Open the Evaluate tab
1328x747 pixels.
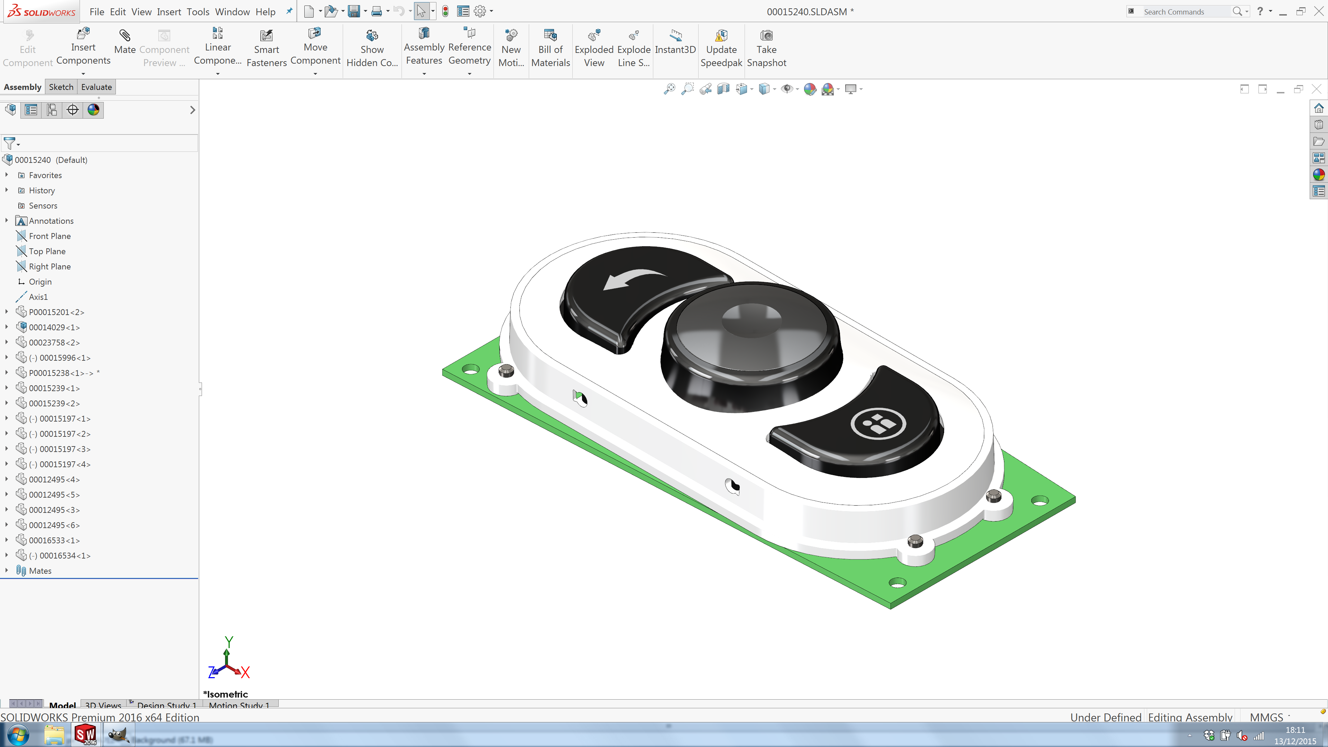click(96, 86)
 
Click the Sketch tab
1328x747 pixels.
click(61, 86)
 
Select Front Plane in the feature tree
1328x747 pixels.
click(49, 236)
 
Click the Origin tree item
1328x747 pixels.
click(40, 282)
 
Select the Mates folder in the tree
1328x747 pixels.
click(40, 571)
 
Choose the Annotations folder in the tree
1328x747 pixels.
click(51, 221)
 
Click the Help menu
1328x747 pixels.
click(265, 11)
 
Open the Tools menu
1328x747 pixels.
click(197, 11)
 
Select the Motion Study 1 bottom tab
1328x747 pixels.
click(239, 705)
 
